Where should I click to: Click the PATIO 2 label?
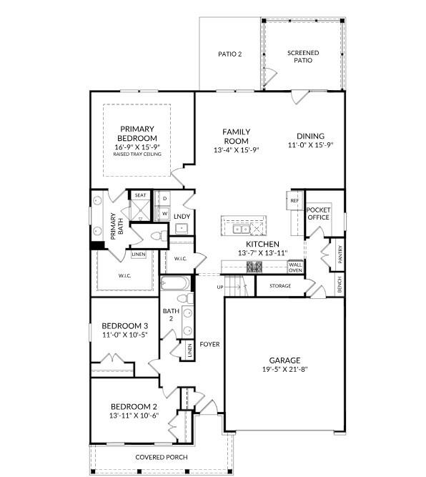(x=229, y=54)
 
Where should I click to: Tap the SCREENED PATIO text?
(x=302, y=56)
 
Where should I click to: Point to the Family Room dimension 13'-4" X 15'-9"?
(x=235, y=150)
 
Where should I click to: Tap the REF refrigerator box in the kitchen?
(x=294, y=201)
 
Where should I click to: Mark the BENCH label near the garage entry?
(x=340, y=286)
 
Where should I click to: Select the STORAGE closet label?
(x=279, y=286)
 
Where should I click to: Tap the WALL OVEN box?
(x=295, y=267)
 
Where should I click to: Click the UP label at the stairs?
(x=221, y=287)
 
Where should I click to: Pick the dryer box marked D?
(x=164, y=198)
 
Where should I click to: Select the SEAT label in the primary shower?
(x=140, y=195)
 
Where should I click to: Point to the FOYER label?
(x=209, y=345)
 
